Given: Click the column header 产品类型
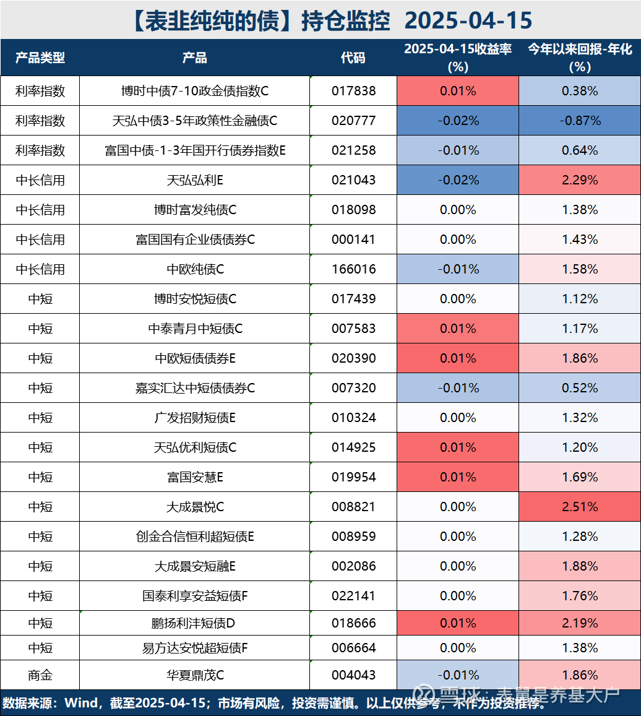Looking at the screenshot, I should [x=40, y=58].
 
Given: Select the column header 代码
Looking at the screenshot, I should [x=353, y=58].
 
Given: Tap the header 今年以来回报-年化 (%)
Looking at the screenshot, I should [x=580, y=58].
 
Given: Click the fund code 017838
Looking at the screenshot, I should [x=353, y=91].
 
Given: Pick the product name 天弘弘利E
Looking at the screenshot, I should [x=195, y=180].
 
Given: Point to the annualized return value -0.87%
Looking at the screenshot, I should [x=580, y=121].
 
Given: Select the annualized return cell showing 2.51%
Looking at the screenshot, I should [x=580, y=507].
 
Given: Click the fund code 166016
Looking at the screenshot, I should [x=353, y=269].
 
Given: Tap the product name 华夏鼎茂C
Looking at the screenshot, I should [x=195, y=675].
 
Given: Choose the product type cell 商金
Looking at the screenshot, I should [x=40, y=675].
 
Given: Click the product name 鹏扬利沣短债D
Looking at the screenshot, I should [x=195, y=623].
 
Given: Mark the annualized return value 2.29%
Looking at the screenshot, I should [x=580, y=180].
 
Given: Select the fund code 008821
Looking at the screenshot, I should [x=353, y=507].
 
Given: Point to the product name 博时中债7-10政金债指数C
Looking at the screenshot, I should [x=195, y=91].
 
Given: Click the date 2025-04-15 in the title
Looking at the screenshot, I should [x=468, y=20].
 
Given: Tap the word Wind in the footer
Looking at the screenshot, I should [x=80, y=704].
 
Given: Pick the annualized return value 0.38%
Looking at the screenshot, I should [x=580, y=91].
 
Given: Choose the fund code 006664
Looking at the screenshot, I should [x=353, y=648].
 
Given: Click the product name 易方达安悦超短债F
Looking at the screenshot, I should [x=195, y=648].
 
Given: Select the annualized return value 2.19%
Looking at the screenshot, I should [x=580, y=623].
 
